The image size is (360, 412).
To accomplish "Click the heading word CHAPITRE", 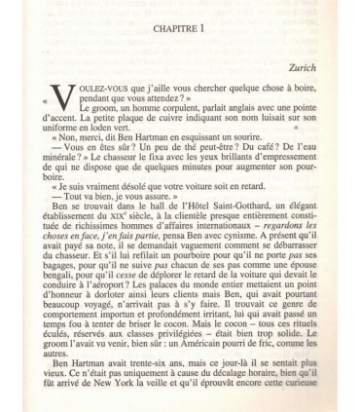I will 173,29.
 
